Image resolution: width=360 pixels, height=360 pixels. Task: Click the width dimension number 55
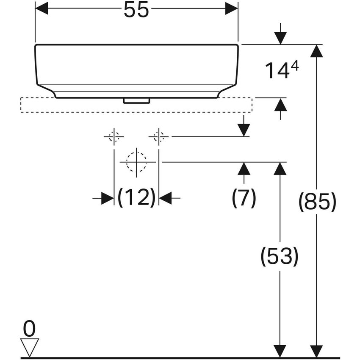[x=136, y=9]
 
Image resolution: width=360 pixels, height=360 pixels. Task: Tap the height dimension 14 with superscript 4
[x=282, y=70]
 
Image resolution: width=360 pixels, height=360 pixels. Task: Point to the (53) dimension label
[x=280, y=256]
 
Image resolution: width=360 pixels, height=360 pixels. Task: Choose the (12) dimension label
[x=136, y=198]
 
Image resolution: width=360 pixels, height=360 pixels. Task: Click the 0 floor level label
[x=29, y=329]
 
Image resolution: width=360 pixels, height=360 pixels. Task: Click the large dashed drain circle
[x=136, y=162]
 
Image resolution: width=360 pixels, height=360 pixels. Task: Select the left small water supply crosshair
[x=114, y=136]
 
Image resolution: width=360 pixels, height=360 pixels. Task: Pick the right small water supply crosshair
[x=159, y=136]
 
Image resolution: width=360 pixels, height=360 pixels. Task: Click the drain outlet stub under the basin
[x=136, y=101]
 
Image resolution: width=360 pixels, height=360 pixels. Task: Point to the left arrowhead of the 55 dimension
[x=42, y=8]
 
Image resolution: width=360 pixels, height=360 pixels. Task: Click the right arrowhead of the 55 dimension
[x=231, y=8]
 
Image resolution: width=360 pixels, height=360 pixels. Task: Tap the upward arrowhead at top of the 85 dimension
[x=316, y=51]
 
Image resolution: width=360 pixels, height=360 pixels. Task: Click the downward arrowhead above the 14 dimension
[x=280, y=38]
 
